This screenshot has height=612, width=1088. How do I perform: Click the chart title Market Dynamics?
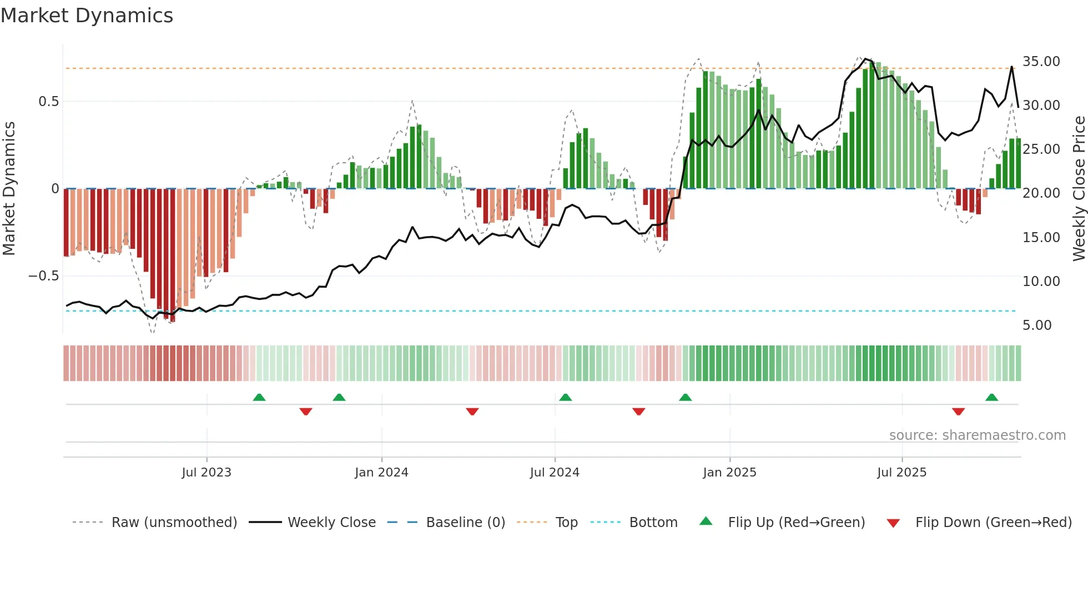[x=87, y=16]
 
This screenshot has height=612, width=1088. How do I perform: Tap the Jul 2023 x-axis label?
[x=206, y=473]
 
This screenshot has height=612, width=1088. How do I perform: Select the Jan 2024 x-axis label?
[x=381, y=473]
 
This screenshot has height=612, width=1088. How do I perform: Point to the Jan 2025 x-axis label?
[x=729, y=473]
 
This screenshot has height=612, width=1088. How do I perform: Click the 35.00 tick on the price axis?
[x=1041, y=62]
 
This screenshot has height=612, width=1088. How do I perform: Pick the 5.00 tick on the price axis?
[x=1037, y=325]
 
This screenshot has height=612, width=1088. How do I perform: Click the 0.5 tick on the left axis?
[x=48, y=102]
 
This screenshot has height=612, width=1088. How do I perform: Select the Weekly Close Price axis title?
[x=1079, y=189]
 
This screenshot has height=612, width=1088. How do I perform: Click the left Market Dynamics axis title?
[x=9, y=189]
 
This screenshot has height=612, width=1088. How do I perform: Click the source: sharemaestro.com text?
[x=977, y=435]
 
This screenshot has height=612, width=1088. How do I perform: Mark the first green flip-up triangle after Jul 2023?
[x=259, y=397]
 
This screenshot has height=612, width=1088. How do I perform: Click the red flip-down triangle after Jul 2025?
[x=958, y=412]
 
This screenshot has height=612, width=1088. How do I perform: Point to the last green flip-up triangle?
[x=991, y=397]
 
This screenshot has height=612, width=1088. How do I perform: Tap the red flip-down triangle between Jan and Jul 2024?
[x=472, y=412]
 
